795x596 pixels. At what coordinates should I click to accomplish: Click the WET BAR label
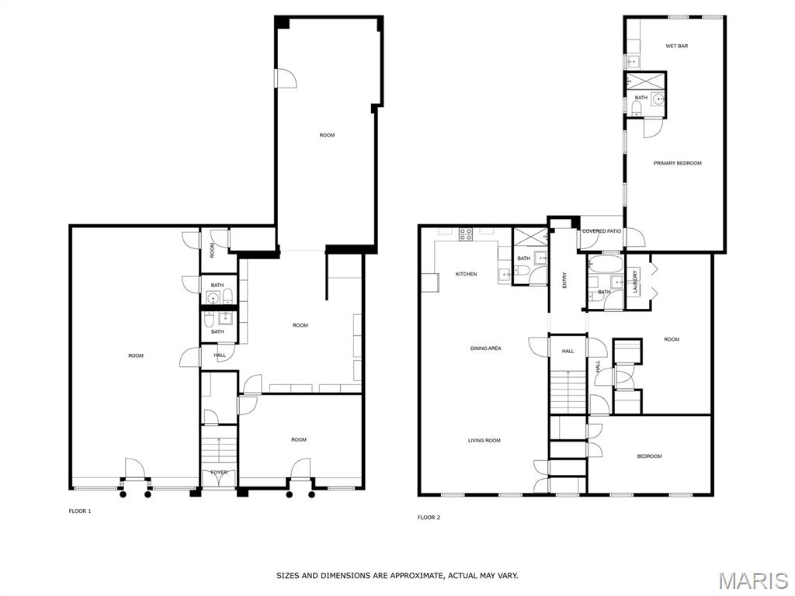(676, 46)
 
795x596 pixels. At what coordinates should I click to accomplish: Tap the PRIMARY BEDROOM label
(677, 163)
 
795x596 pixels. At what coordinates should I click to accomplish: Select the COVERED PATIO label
(602, 231)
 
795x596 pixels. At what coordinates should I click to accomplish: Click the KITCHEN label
(466, 274)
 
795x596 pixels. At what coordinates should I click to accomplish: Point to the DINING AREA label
(486, 348)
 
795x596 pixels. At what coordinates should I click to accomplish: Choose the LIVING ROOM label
(484, 441)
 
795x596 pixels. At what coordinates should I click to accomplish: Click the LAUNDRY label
(635, 282)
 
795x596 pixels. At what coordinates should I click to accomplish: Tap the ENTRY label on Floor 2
(565, 280)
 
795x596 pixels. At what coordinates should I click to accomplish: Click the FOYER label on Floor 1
(219, 473)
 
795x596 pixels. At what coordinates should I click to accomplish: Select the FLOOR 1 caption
(80, 511)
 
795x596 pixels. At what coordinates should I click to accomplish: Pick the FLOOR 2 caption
(429, 518)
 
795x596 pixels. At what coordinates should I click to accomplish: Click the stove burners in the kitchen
(466, 234)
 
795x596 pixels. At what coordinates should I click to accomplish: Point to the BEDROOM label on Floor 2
(650, 456)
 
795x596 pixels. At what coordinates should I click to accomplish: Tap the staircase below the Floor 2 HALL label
(568, 392)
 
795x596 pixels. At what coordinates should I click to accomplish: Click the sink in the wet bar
(632, 62)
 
